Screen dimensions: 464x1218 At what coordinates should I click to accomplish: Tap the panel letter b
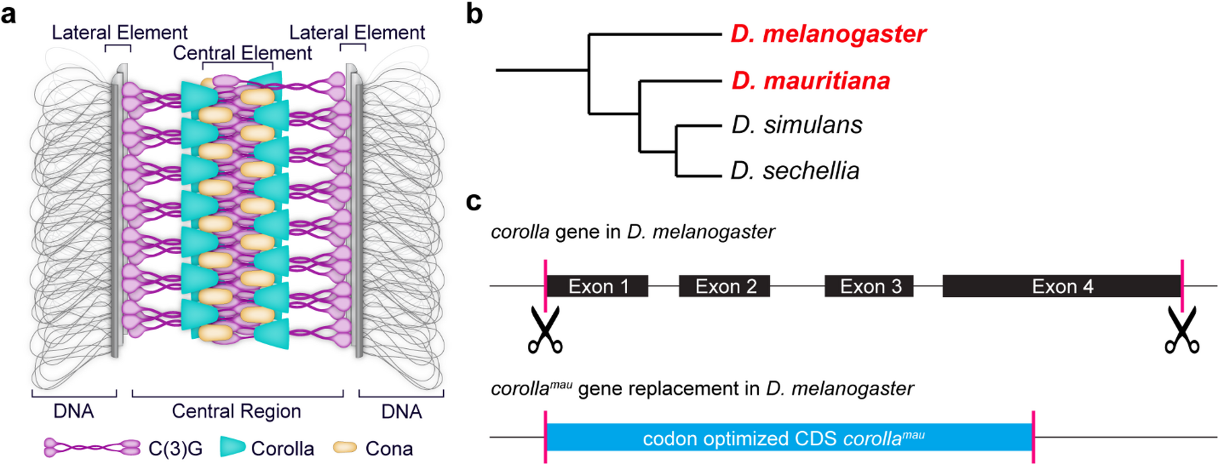tap(474, 14)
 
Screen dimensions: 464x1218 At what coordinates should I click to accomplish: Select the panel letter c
tap(473, 201)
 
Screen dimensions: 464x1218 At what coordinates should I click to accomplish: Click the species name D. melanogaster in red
tap(828, 34)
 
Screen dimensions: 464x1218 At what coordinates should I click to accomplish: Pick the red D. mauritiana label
tap(810, 80)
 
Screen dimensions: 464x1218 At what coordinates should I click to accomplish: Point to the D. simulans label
tap(796, 125)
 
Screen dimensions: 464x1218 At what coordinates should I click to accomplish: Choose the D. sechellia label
tap(794, 171)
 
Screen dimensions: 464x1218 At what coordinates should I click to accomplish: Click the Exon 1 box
tap(597, 286)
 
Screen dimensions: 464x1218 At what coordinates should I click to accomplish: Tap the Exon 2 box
tap(725, 286)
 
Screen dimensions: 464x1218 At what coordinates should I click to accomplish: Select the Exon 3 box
tap(869, 286)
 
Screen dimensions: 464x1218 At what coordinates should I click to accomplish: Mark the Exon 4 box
tap(1062, 286)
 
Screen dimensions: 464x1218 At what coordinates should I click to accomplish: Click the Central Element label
tap(242, 53)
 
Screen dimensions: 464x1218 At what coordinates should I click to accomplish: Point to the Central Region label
tap(236, 411)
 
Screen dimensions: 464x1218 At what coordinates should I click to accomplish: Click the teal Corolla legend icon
tap(232, 447)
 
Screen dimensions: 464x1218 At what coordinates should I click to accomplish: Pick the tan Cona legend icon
tap(345, 447)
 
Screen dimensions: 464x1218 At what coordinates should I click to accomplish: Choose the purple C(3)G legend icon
tap(92, 448)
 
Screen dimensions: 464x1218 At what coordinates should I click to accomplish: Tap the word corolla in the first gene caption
tap(520, 232)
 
